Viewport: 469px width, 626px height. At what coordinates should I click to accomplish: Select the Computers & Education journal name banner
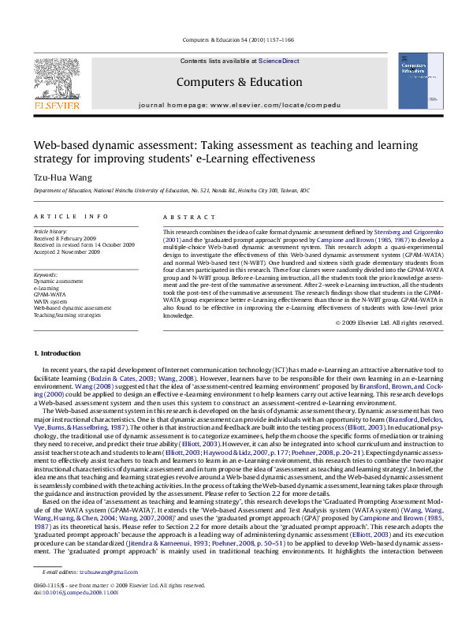click(227, 81)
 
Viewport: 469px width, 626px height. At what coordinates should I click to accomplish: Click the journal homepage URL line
click(228, 104)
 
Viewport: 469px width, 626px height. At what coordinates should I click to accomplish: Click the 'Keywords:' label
click(46, 274)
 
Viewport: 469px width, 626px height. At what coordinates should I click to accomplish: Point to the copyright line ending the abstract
click(389, 322)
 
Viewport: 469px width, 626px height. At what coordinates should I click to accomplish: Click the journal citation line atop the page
click(234, 39)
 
